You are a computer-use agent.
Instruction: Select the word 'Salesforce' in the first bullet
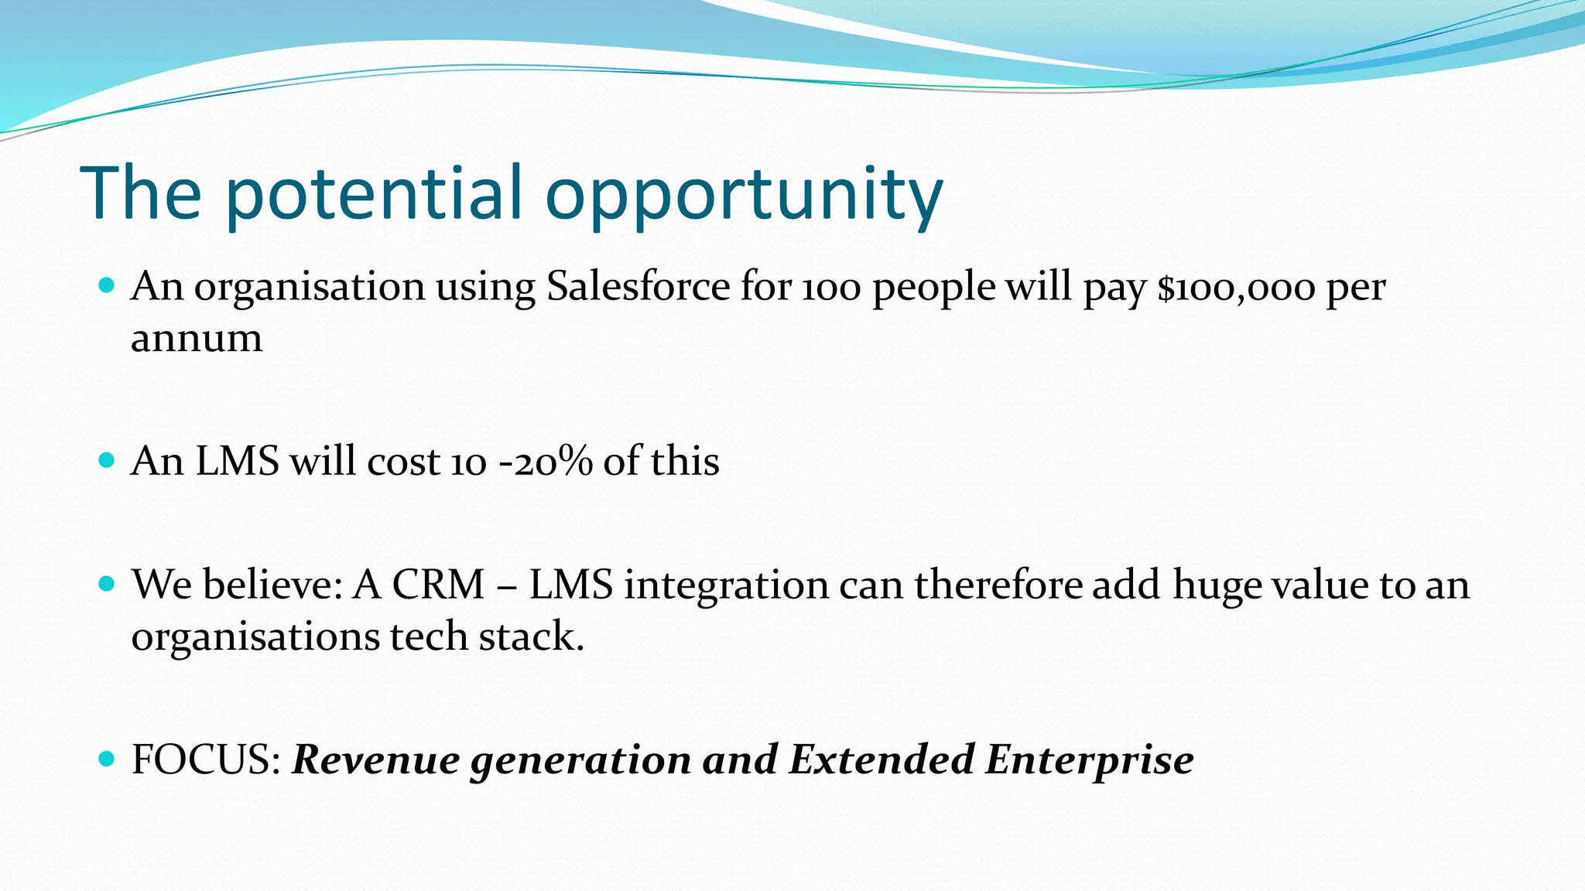pyautogui.click(x=638, y=286)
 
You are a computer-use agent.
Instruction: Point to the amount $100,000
pyautogui.click(x=1236, y=288)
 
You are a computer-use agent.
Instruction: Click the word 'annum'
pyautogui.click(x=197, y=339)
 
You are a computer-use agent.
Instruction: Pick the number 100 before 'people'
pyautogui.click(x=831, y=288)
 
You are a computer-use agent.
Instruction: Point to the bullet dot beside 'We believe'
pyautogui.click(x=108, y=584)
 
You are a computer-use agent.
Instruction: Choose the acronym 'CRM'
pyautogui.click(x=438, y=585)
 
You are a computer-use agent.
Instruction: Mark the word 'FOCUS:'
pyautogui.click(x=206, y=760)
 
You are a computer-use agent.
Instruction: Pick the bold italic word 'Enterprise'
pyautogui.click(x=1089, y=760)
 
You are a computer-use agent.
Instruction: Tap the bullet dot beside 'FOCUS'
pyautogui.click(x=108, y=759)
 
